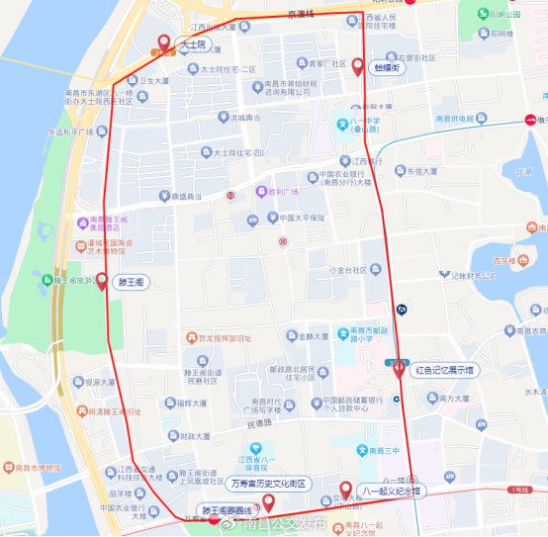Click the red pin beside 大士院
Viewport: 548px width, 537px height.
pos(164,43)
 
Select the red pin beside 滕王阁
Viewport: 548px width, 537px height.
pos(102,281)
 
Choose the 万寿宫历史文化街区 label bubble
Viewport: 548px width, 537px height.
pos(268,484)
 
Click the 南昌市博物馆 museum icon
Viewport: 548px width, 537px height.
pos(7,468)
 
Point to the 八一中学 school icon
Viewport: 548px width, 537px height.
pos(342,125)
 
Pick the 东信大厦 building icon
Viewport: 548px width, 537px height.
pos(401,170)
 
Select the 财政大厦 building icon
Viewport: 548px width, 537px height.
pos(173,435)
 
